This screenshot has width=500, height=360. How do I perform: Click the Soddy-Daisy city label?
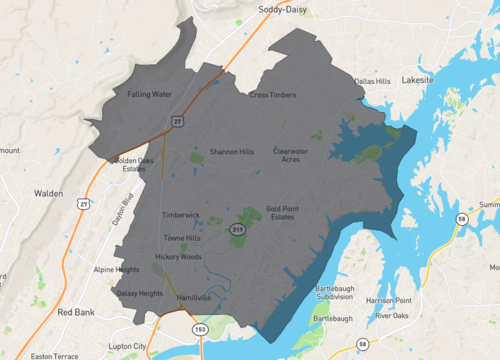(x=284, y=9)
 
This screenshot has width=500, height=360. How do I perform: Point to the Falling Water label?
(x=150, y=94)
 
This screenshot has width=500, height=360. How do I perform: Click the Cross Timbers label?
(x=273, y=95)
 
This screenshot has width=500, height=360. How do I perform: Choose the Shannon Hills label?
(x=232, y=152)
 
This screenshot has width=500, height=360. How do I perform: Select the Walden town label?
(x=48, y=194)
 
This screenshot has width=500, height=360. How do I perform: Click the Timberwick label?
(x=181, y=215)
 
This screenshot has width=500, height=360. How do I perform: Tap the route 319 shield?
(x=238, y=230)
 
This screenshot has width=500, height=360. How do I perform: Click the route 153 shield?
(x=198, y=328)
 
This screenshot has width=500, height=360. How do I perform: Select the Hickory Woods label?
(x=178, y=257)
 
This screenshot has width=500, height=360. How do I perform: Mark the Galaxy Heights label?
(x=139, y=293)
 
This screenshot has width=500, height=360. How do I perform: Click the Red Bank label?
(x=76, y=312)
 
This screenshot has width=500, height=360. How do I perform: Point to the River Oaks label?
(x=395, y=316)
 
